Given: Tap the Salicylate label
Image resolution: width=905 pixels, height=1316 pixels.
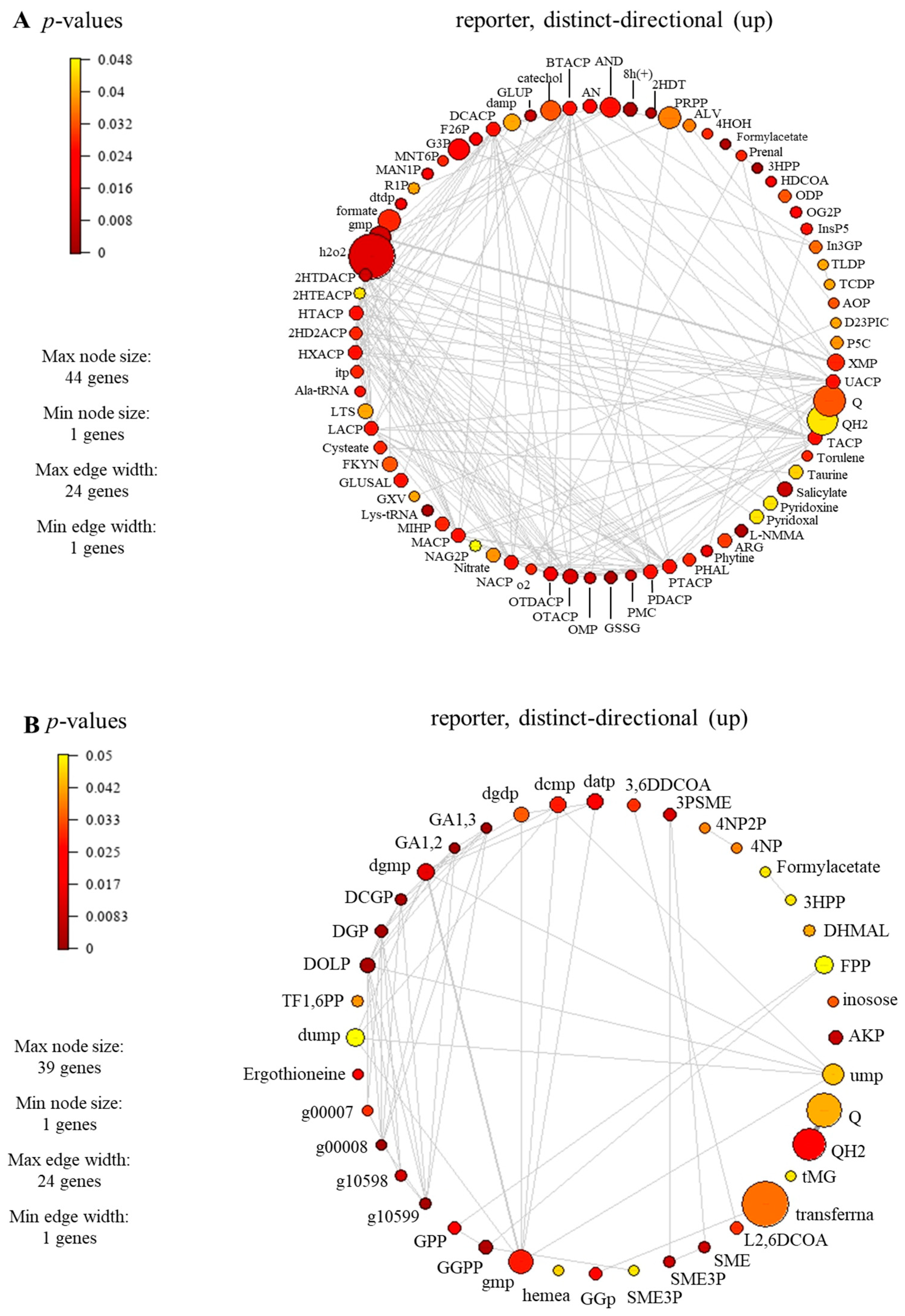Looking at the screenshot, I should pyautogui.click(x=821, y=492).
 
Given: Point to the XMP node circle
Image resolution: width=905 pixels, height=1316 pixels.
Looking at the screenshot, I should pyautogui.click(x=835, y=362).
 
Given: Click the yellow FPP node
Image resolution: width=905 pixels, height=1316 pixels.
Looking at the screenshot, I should pyautogui.click(x=823, y=965).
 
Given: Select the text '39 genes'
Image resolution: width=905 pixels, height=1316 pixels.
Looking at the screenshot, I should pyautogui.click(x=69, y=1068).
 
